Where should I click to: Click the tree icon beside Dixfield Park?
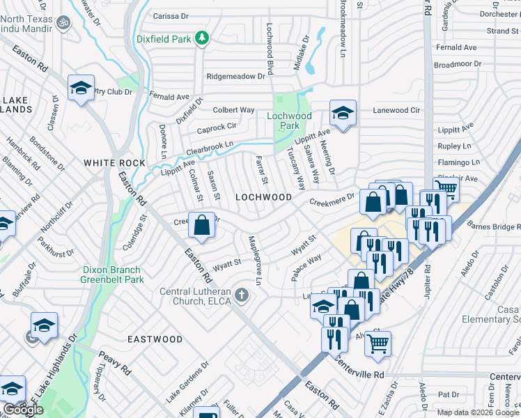click(202, 38)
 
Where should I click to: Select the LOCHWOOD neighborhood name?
click(263, 197)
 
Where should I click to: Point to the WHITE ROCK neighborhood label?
click(115, 163)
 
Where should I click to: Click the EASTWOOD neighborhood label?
click(155, 339)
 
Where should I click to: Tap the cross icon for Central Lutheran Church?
click(242, 295)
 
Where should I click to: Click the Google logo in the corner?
click(23, 410)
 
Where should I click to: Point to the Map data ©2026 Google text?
click(478, 412)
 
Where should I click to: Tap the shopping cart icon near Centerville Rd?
click(378, 342)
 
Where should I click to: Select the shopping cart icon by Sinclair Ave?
click(446, 187)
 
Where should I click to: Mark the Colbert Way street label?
click(233, 110)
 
